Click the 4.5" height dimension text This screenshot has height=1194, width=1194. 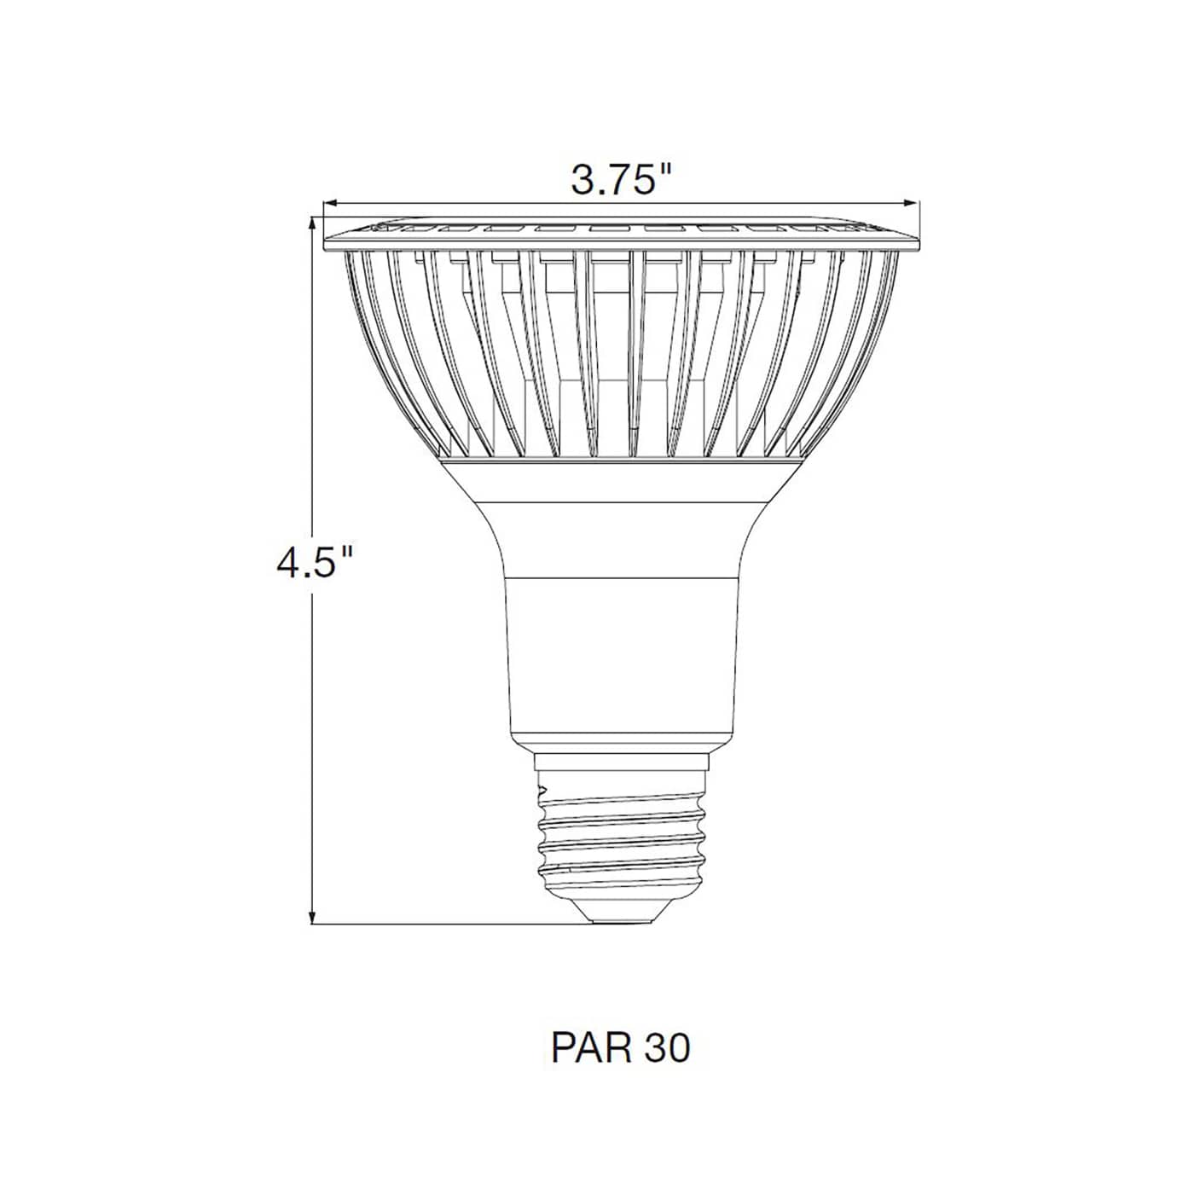point(314,563)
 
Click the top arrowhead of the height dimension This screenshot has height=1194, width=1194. point(314,223)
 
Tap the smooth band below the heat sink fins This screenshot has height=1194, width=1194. point(620,478)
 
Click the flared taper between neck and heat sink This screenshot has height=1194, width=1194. point(620,537)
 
